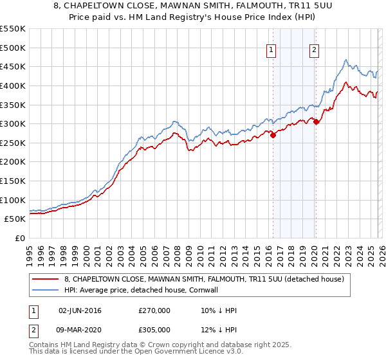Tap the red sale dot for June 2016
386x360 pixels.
point(273,135)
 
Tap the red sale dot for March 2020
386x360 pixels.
point(316,122)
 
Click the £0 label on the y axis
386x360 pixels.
point(21,239)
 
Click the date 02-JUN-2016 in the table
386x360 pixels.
point(80,310)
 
